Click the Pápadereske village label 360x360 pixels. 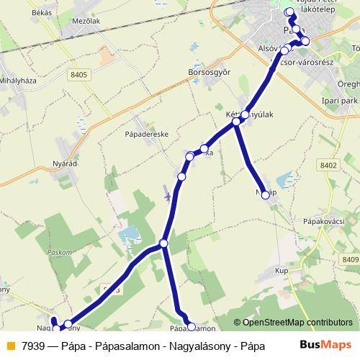(146, 133)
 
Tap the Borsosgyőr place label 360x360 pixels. (209, 73)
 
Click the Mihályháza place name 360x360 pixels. (16, 81)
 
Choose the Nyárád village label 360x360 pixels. (65, 164)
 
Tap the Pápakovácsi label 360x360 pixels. (326, 221)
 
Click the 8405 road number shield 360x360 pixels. (79, 73)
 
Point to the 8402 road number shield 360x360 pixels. (328, 166)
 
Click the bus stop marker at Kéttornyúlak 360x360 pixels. (246, 114)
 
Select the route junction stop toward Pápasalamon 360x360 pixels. (164, 243)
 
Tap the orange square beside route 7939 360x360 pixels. (9, 345)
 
